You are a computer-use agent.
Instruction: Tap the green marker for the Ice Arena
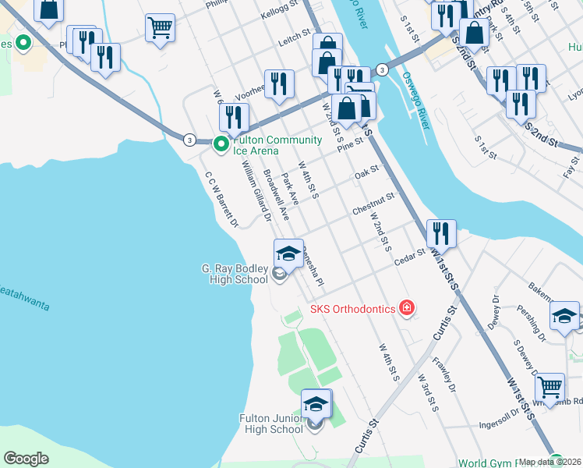click(x=221, y=144)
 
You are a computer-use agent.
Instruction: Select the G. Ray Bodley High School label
click(x=235, y=274)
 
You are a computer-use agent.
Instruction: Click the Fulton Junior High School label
click(x=271, y=424)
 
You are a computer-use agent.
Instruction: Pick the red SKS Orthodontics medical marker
click(x=405, y=309)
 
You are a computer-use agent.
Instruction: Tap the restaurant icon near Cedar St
click(x=441, y=232)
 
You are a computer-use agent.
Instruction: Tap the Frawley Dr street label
click(x=442, y=373)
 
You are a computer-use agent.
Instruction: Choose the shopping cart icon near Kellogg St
click(x=160, y=28)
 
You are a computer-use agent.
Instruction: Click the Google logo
click(x=26, y=459)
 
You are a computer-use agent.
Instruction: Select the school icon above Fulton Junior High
click(x=316, y=403)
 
